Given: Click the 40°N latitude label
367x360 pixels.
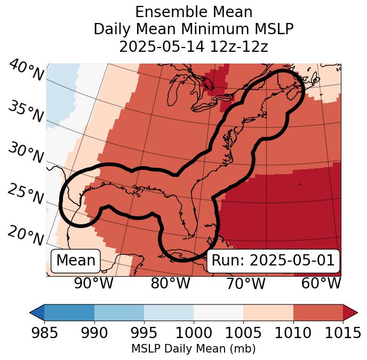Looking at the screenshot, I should pos(26,71).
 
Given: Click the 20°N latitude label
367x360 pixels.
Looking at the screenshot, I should pos(26,236).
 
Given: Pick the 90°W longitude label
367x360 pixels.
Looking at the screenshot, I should pos(93,284).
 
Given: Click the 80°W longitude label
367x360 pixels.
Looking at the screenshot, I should pos(170,284).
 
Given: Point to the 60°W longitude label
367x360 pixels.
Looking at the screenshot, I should pos(321,284).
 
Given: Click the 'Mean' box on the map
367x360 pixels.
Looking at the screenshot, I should pos(76,261).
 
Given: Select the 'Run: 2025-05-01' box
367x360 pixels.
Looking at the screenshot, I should pos(273,261).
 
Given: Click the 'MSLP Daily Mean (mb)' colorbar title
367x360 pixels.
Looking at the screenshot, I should pos(193,349).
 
